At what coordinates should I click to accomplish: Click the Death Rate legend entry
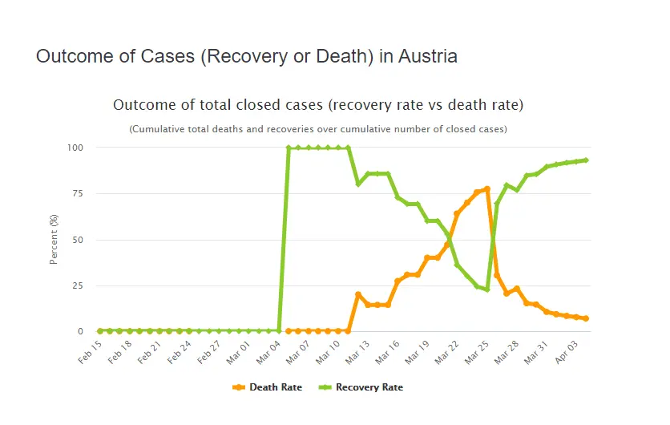(268, 387)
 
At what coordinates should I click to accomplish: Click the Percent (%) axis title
(54, 239)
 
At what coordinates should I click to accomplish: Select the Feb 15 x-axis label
(91, 352)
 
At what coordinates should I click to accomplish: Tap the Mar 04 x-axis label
(269, 352)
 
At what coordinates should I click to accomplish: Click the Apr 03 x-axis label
(567, 352)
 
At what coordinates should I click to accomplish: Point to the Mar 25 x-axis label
(478, 352)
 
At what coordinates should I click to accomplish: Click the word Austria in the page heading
(429, 57)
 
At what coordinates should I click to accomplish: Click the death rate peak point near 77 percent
(487, 188)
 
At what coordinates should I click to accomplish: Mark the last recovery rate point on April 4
(586, 160)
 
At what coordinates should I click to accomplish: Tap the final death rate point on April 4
(586, 318)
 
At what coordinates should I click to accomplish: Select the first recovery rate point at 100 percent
(289, 148)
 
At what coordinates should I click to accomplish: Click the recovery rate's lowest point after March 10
(487, 289)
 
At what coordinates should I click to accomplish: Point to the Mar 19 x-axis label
(418, 352)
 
